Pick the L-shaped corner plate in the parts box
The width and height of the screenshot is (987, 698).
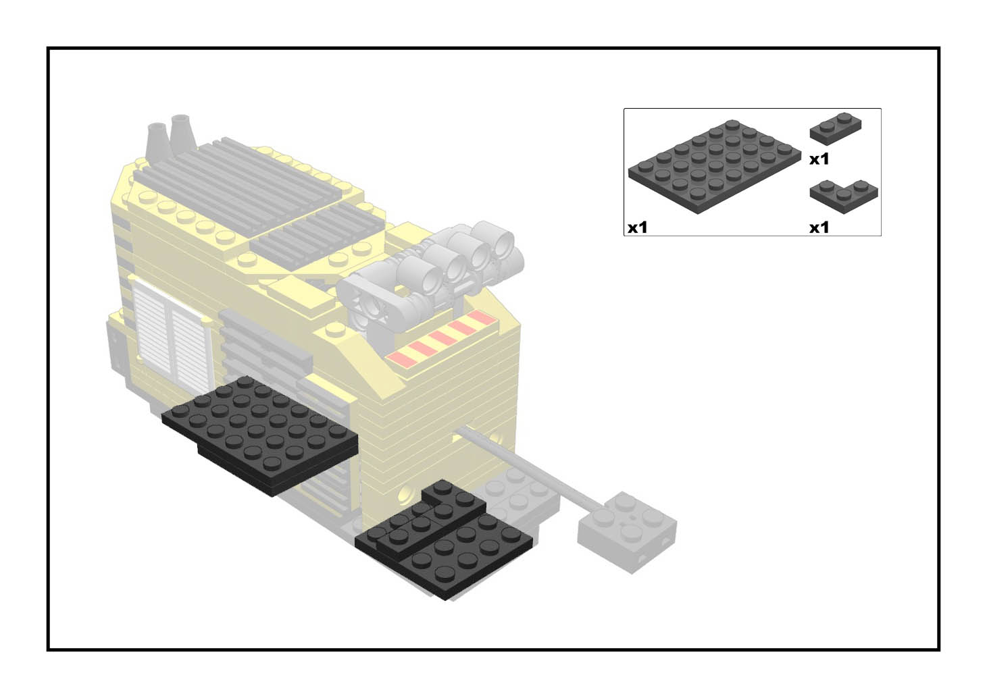[x=844, y=196]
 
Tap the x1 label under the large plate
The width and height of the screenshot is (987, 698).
[x=638, y=227]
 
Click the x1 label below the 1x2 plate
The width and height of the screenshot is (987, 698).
[x=819, y=159]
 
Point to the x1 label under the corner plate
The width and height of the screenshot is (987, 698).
[x=819, y=227]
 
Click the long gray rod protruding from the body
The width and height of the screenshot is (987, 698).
[x=529, y=468]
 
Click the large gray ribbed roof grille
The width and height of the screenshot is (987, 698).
[x=238, y=180]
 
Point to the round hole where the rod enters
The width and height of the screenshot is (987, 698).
[x=458, y=434]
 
